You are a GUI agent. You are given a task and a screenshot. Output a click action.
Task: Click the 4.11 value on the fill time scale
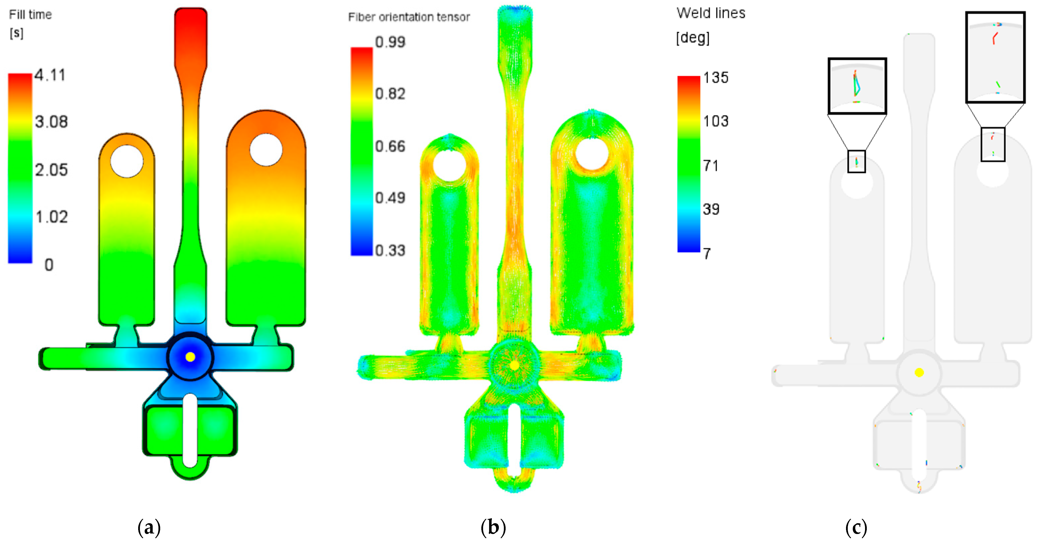pos(50,75)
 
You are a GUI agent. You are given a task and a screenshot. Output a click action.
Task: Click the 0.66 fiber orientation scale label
pos(390,146)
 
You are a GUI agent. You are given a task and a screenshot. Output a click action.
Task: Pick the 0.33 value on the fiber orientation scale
pos(390,251)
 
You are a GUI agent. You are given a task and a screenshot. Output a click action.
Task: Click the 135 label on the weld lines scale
pos(716,78)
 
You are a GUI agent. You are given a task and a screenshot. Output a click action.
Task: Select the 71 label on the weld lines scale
pos(711,166)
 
